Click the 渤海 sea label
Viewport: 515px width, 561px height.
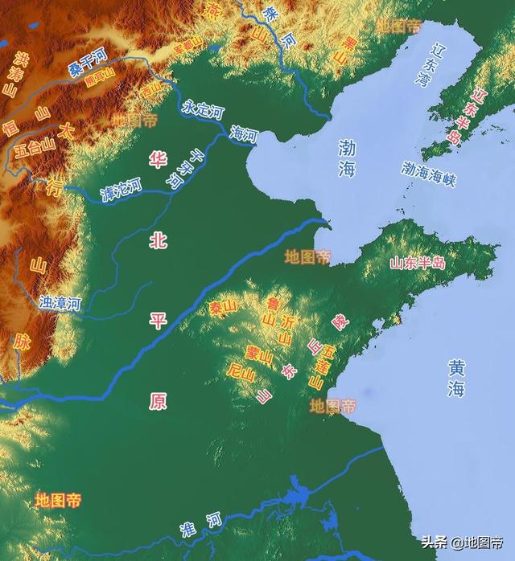[347, 158]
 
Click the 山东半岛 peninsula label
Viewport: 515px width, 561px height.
[417, 263]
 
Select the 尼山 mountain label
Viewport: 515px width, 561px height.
[241, 371]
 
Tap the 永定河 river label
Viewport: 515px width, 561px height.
[201, 109]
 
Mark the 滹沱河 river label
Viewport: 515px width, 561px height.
[121, 190]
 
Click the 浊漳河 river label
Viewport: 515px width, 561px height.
[60, 303]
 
